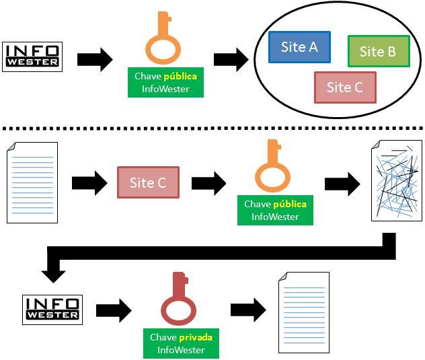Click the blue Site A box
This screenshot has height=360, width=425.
point(299,47)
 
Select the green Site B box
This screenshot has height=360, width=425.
point(378,52)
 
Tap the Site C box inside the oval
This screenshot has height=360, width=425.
point(344,87)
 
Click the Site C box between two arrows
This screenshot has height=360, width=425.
point(148,182)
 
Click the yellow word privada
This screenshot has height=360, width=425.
point(196,337)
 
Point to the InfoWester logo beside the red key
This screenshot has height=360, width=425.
point(52,310)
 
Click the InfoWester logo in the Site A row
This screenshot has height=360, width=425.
point(32,56)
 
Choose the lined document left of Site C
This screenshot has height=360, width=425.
point(32,182)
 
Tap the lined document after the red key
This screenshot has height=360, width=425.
point(303,312)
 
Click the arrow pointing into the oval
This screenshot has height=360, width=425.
point(231,59)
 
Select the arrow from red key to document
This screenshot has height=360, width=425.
point(248,310)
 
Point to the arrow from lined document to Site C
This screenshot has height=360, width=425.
point(89,182)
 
